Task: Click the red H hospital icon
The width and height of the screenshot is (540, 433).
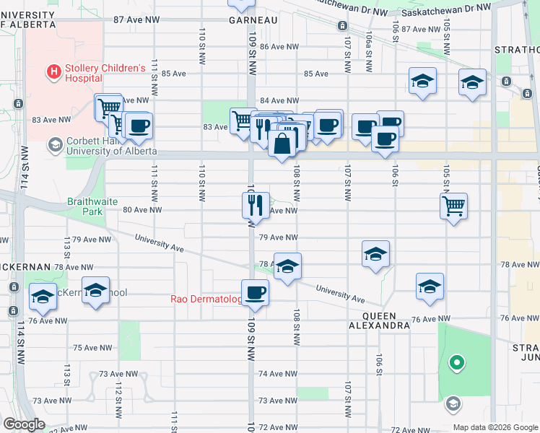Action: tap(53, 71)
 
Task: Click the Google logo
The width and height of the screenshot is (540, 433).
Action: tap(24, 424)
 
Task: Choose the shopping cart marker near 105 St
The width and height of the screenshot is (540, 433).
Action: tap(454, 206)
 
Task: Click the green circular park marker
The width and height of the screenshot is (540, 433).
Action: tap(456, 363)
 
